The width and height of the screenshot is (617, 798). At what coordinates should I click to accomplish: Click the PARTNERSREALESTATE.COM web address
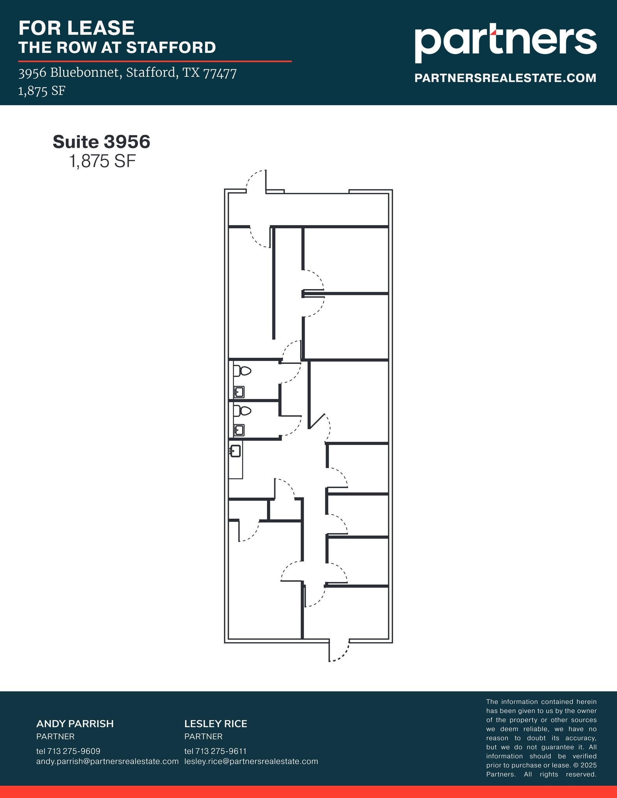point(505,78)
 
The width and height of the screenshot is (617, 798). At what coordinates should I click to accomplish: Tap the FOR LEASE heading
point(76,28)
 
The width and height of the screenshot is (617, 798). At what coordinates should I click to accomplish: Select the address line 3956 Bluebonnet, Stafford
point(127,73)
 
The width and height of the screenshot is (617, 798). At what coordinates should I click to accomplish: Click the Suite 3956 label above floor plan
point(101,142)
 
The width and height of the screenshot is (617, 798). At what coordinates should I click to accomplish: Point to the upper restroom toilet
point(242,371)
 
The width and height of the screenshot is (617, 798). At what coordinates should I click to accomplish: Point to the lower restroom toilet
point(242,411)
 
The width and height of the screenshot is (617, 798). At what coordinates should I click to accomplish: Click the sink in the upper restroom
point(239,392)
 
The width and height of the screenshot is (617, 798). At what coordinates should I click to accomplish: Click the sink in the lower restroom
point(239,430)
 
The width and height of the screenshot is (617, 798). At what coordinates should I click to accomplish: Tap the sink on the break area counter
point(235,451)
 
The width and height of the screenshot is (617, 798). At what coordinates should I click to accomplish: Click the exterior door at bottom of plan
point(339,651)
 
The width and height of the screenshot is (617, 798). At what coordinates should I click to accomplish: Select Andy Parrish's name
point(75,724)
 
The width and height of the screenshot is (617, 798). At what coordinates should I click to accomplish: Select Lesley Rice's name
point(216,724)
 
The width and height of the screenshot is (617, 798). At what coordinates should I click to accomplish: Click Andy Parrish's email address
point(107,761)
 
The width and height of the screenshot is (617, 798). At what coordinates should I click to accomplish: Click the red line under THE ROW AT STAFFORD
point(155,61)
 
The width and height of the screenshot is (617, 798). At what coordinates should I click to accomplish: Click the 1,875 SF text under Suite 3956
point(102,161)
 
